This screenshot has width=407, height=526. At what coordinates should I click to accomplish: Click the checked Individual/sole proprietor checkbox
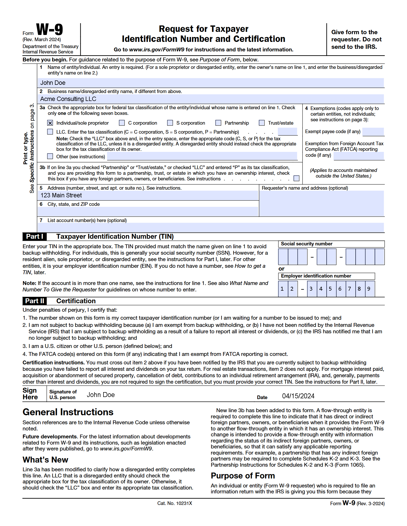(50, 123)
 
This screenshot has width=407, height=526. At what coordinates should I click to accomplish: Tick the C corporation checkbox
(122, 123)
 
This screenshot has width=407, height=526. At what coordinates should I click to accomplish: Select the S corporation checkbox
(170, 123)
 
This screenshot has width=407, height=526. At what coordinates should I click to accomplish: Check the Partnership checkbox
(218, 123)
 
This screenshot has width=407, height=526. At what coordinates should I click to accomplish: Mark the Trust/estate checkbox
(262, 123)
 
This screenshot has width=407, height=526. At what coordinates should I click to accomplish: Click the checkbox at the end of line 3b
(297, 178)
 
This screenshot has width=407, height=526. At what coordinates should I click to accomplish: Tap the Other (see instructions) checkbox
(50, 156)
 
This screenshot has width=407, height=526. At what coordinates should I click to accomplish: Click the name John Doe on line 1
(53, 83)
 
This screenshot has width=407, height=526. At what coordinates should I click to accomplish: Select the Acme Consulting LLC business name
(68, 99)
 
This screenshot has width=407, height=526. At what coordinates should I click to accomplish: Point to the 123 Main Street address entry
(61, 195)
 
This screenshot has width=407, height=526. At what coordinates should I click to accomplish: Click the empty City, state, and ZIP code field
(148, 211)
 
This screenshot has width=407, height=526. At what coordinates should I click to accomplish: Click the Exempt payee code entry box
(373, 132)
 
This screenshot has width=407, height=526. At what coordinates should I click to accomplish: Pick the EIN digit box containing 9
(369, 289)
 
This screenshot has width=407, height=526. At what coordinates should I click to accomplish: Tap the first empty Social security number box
(283, 256)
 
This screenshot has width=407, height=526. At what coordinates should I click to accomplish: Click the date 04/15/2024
(298, 396)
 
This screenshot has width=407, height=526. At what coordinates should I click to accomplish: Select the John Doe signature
(101, 395)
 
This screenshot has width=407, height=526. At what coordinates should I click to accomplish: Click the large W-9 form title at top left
(50, 30)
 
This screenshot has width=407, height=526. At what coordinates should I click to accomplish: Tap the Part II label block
(35, 301)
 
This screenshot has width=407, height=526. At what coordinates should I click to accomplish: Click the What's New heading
(45, 460)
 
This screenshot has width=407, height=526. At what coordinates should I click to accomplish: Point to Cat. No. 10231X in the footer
(175, 503)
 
